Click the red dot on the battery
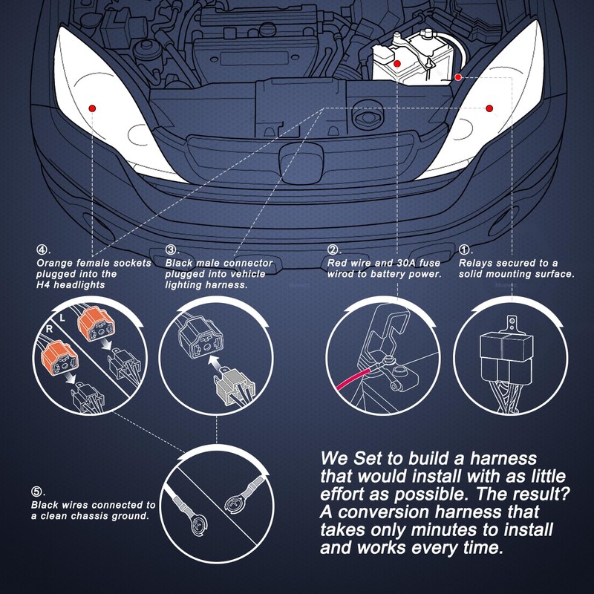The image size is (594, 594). (397, 64)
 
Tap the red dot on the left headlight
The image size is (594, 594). (92, 108)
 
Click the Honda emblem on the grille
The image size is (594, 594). (301, 164)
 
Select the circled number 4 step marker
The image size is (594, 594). (42, 249)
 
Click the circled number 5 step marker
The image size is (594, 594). (36, 492)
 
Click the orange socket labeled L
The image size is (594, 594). (97, 324)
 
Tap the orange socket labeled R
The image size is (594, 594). (61, 357)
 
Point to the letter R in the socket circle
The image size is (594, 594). (49, 329)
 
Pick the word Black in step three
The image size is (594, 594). (178, 263)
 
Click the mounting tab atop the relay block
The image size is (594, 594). (512, 324)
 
